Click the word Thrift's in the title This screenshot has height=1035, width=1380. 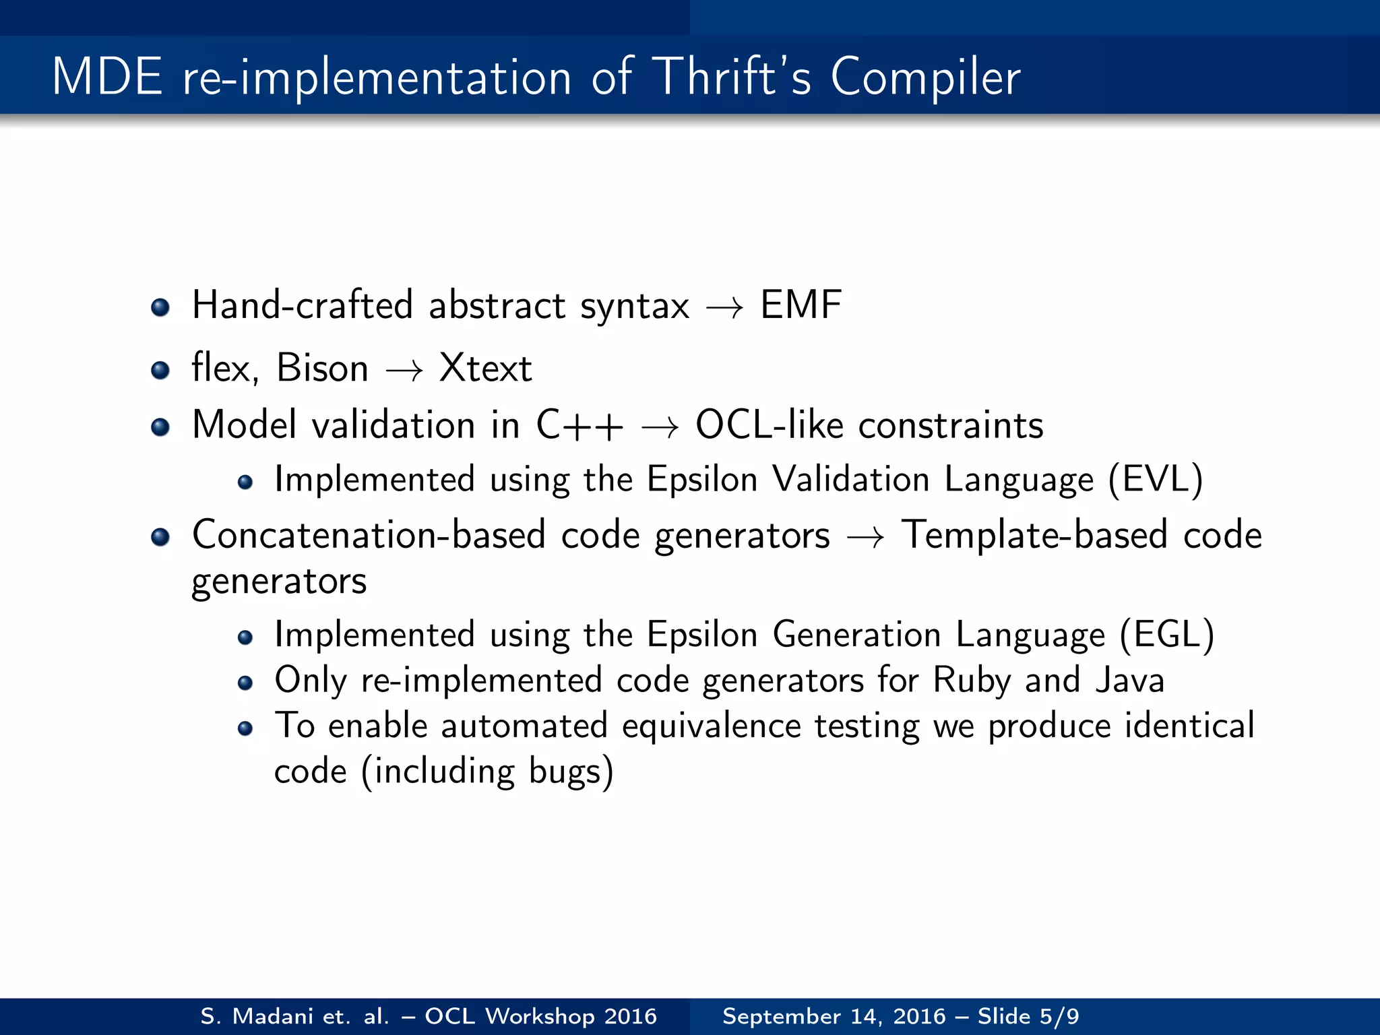(x=732, y=77)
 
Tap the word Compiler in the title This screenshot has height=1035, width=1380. (x=924, y=78)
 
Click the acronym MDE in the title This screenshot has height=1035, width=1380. (x=107, y=77)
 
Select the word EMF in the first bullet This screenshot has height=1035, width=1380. (x=801, y=305)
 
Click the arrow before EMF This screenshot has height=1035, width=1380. (x=725, y=308)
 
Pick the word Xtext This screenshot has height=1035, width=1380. (x=485, y=369)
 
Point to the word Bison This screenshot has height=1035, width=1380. (x=322, y=369)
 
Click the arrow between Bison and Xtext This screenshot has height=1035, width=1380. (x=404, y=370)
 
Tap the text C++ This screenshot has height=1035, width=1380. (x=579, y=426)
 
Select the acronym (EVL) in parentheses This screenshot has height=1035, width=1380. (x=1156, y=480)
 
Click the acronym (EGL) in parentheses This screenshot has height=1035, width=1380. (x=1166, y=635)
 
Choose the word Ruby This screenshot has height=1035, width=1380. (x=972, y=681)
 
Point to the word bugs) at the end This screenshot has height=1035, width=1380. (x=571, y=772)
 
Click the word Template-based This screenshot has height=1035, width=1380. (x=1034, y=536)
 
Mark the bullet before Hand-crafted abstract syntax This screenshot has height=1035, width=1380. (x=160, y=308)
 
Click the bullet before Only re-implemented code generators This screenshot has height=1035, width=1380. (x=245, y=683)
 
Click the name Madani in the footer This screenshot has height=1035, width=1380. (x=272, y=1016)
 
